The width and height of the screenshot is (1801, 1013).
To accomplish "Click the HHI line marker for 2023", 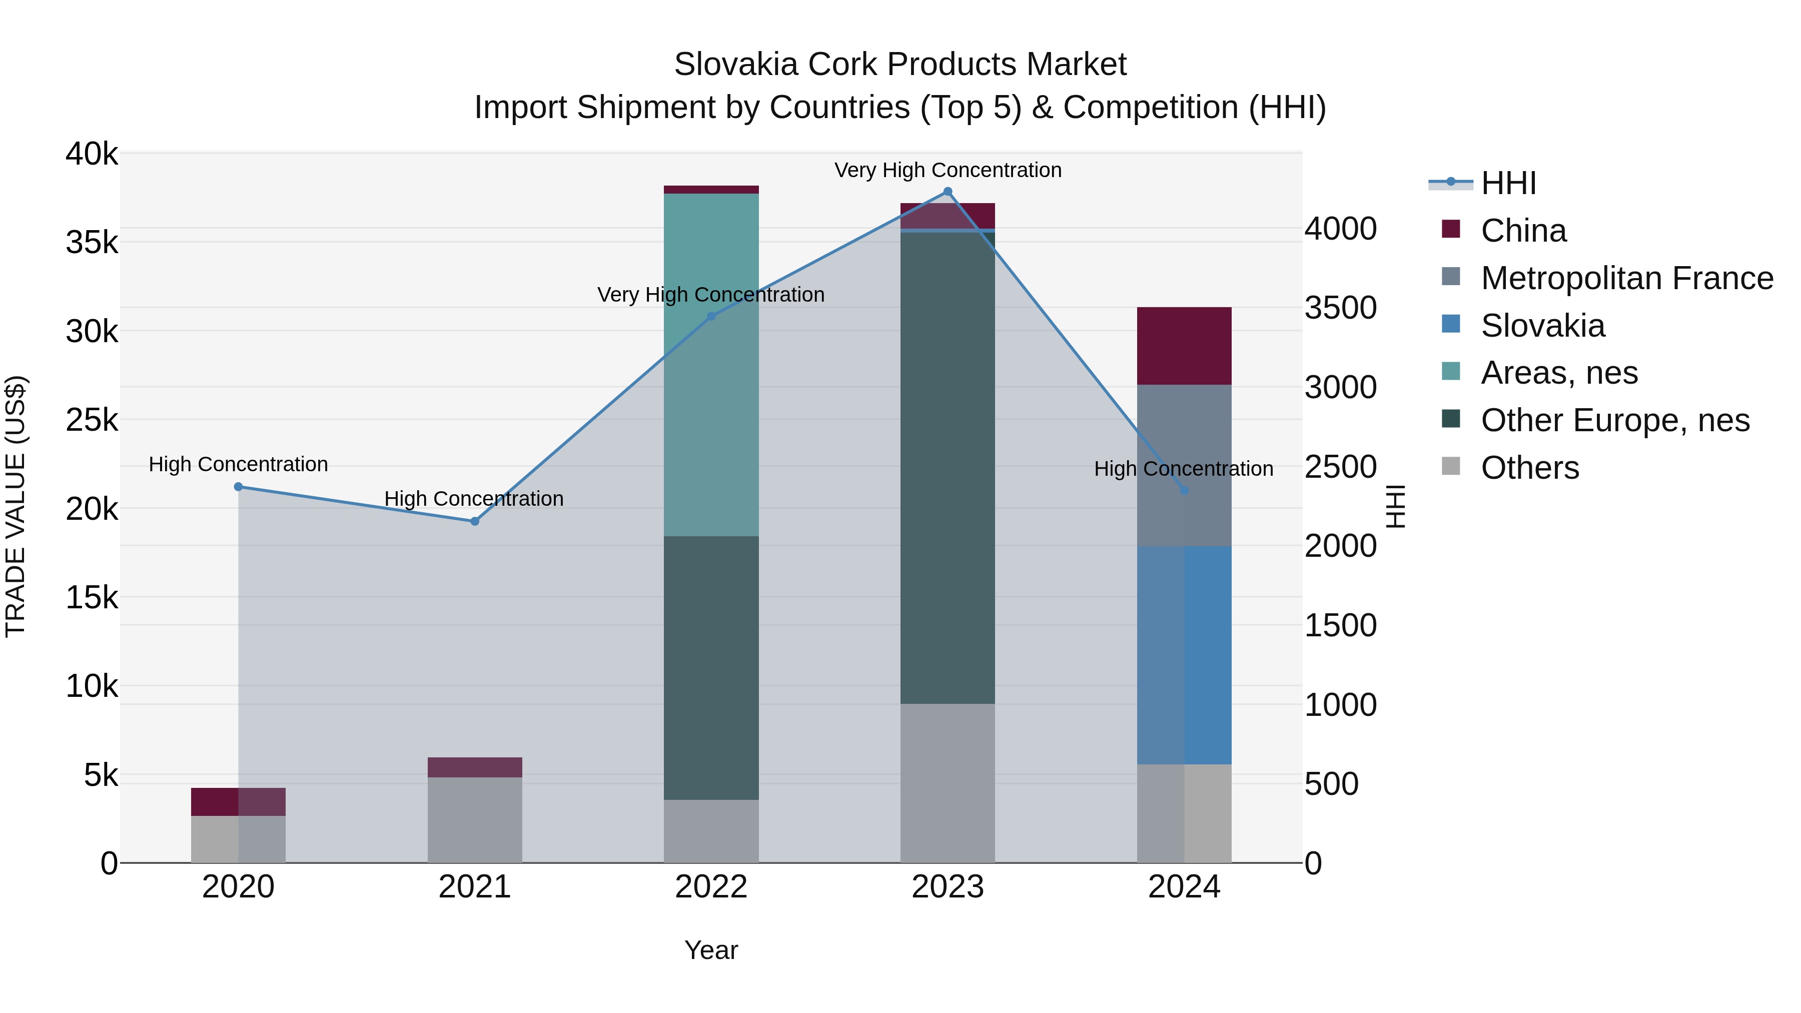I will [x=948, y=192].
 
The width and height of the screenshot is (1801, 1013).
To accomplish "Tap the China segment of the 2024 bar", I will [x=1184, y=346].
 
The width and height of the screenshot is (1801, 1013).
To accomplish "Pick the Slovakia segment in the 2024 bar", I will [x=1184, y=655].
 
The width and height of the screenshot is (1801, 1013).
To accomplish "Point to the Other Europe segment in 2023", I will [x=948, y=468].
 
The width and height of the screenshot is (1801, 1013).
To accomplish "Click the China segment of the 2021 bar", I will [x=475, y=767].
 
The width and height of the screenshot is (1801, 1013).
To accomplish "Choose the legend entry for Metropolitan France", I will [x=1626, y=278].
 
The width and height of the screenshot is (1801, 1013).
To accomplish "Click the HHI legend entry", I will [x=1507, y=183].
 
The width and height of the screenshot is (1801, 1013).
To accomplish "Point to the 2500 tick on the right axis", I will [x=1340, y=467].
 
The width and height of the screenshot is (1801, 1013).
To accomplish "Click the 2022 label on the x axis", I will [x=711, y=887].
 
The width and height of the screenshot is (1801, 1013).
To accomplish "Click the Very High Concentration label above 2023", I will [x=948, y=170].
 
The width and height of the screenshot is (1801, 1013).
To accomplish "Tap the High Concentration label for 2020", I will [x=239, y=464].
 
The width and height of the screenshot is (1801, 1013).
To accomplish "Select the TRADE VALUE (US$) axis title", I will [x=16, y=506].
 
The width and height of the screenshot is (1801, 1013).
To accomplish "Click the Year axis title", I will [x=711, y=950].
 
